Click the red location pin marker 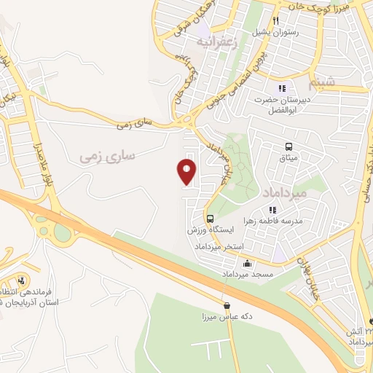click(x=187, y=172)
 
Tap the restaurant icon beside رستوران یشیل click(x=276, y=20)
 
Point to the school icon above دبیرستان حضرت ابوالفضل click(x=281, y=88)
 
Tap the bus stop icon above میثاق click(x=289, y=146)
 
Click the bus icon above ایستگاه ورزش click(x=210, y=219)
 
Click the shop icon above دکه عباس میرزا click(x=227, y=306)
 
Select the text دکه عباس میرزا click(x=227, y=318)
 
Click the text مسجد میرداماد click(x=247, y=275)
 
